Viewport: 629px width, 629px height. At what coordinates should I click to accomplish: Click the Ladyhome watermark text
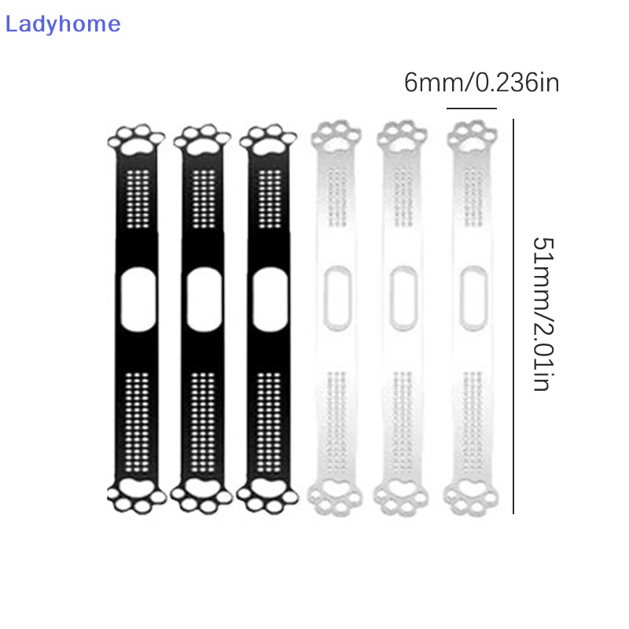click(63, 24)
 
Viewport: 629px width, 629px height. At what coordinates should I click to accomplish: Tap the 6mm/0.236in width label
click(481, 83)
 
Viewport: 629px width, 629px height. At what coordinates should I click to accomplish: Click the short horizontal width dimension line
click(471, 109)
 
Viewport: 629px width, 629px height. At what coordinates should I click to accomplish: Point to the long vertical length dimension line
click(513, 314)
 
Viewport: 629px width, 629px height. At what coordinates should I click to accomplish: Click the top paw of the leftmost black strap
click(136, 140)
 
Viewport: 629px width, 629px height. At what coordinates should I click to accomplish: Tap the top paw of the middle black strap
click(202, 140)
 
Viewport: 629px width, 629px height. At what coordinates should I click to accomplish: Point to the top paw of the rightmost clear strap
click(472, 138)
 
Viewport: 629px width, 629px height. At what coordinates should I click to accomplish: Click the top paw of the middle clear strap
click(403, 138)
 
